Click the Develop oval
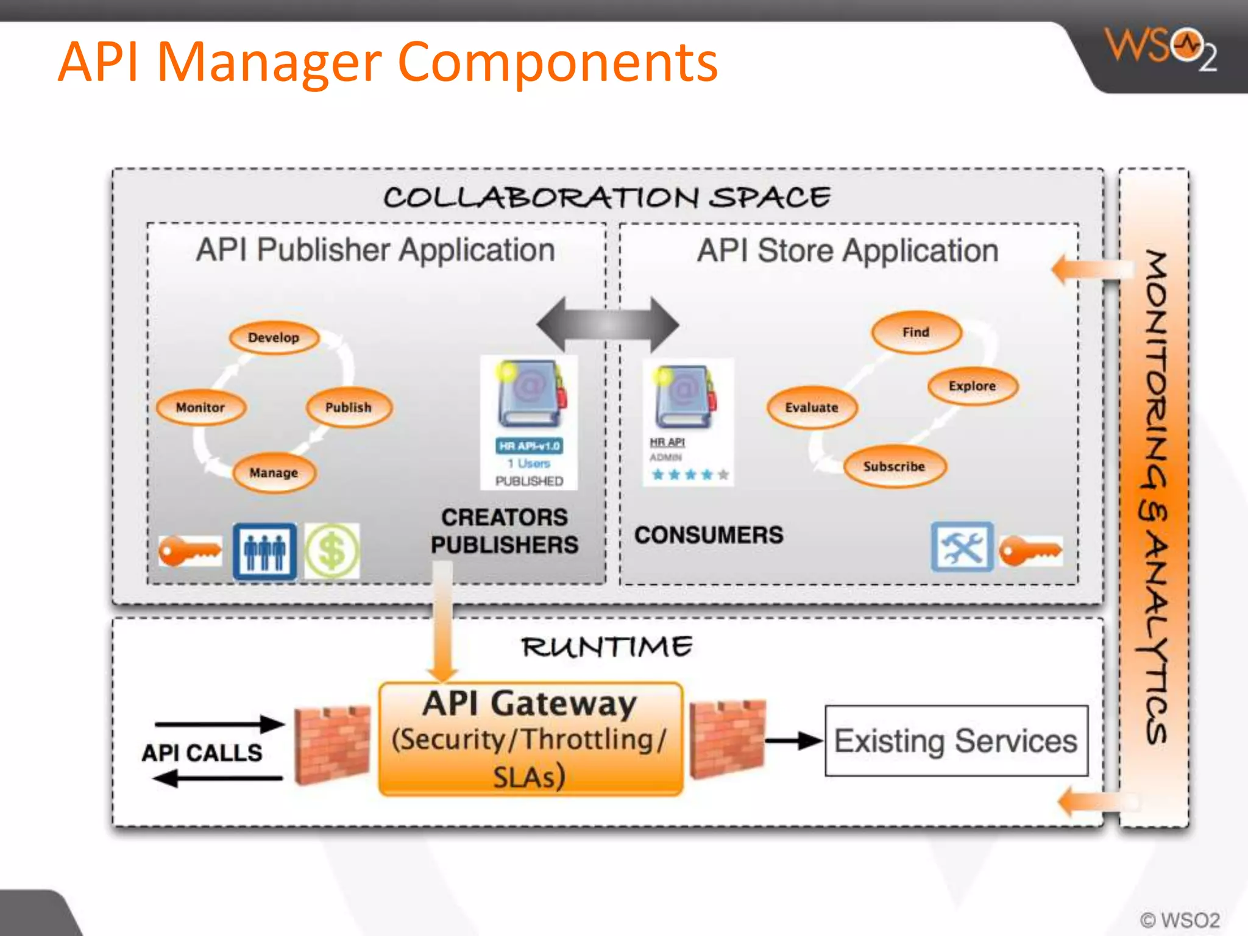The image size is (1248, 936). pyautogui.click(x=274, y=338)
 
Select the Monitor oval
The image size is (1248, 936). pyautogui.click(x=200, y=407)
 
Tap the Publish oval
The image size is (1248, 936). pyautogui.click(x=349, y=407)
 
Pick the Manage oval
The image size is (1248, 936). pyautogui.click(x=274, y=473)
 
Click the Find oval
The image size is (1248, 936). pyautogui.click(x=916, y=332)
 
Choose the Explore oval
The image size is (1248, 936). pyautogui.click(x=972, y=386)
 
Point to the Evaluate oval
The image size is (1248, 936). pyautogui.click(x=812, y=407)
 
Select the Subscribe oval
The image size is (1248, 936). pyautogui.click(x=894, y=467)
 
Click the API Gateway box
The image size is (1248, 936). pyautogui.click(x=530, y=739)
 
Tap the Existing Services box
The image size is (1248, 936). pyautogui.click(x=956, y=741)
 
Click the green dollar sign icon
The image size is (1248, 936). pyautogui.click(x=332, y=551)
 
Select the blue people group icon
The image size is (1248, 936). pyautogui.click(x=264, y=551)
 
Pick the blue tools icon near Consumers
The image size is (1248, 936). pyautogui.click(x=962, y=547)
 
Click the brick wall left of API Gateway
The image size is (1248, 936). pyautogui.click(x=332, y=745)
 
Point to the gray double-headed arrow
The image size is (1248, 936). pyautogui.click(x=608, y=324)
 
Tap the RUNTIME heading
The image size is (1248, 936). pyautogui.click(x=607, y=647)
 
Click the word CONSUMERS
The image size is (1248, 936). pyautogui.click(x=709, y=535)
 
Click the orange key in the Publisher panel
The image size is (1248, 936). pyautogui.click(x=190, y=551)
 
